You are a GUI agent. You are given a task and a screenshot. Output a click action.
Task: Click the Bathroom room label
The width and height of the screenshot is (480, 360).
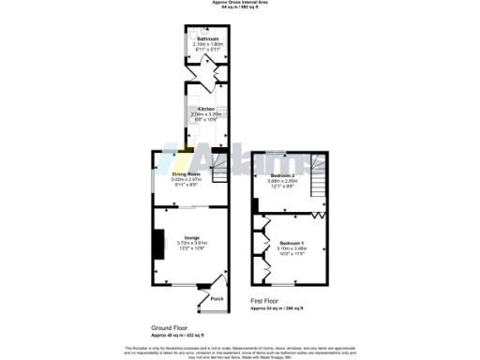(196, 38)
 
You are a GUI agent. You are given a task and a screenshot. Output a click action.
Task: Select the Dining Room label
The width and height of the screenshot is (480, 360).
(187, 173)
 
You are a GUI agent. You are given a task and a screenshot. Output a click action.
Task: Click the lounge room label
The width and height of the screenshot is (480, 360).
(191, 238)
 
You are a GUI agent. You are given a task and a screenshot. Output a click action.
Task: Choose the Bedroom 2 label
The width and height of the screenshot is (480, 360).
(284, 175)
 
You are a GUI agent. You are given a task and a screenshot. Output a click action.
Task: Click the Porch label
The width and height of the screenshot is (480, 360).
(217, 299)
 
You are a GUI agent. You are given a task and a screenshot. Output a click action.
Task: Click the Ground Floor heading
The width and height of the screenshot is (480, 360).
(171, 327)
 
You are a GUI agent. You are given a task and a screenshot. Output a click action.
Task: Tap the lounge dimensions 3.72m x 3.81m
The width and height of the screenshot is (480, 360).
(191, 244)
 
